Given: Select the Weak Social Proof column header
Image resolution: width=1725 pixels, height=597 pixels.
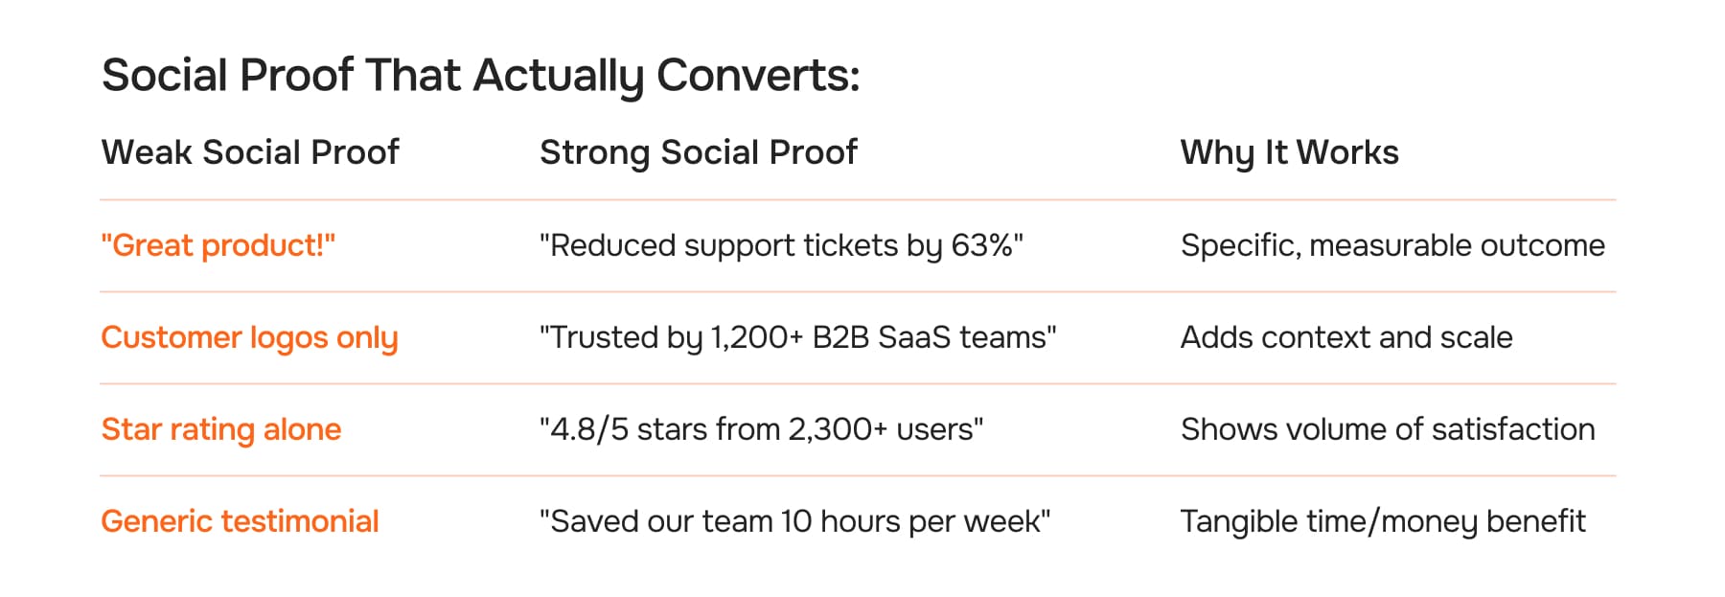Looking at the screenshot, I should coord(250,152).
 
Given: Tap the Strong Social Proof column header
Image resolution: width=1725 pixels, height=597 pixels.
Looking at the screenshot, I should coord(698,152).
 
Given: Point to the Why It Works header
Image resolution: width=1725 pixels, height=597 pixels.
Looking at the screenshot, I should coord(1289,152).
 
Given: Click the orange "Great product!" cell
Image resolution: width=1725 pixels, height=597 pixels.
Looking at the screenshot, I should coord(218,245).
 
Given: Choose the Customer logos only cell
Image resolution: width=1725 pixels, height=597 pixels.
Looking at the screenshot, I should coord(249,337).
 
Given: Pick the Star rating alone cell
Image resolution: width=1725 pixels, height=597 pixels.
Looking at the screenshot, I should coord(221,429).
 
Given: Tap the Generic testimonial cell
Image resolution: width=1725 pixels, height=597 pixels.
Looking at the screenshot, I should coord(240,521).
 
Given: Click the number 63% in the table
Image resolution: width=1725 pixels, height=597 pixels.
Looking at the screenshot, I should coord(981,245).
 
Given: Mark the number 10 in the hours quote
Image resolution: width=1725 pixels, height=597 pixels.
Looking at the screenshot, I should coord(795,521).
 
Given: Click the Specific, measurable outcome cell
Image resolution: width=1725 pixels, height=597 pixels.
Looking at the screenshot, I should coord(1392,245).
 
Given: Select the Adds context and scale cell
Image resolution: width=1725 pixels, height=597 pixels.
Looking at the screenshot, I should coord(1346,337).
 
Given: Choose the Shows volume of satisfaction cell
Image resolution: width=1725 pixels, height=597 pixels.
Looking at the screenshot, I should coord(1388,429).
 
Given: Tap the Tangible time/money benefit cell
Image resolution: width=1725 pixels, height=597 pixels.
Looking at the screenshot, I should coord(1383,521).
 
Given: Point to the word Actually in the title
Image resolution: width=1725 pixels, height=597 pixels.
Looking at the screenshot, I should coord(558,75).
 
